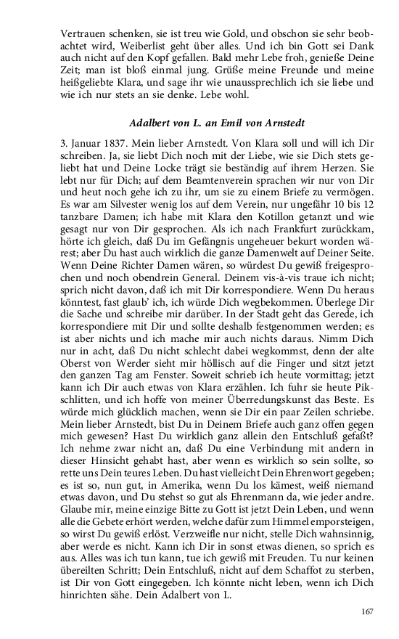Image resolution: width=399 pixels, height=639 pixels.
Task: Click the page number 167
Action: tap(367, 611)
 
